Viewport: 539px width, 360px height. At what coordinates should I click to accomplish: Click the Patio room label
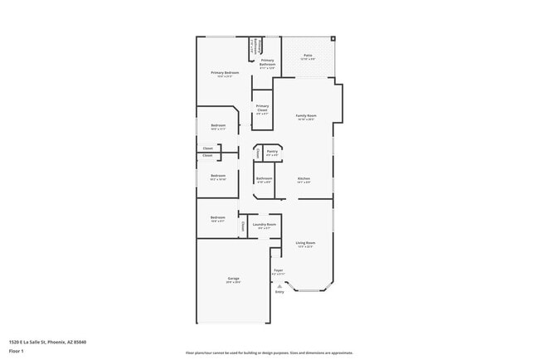pos(307,56)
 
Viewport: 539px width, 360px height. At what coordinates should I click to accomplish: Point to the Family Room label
pos(305,115)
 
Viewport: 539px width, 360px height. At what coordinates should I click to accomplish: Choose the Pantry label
pos(272,152)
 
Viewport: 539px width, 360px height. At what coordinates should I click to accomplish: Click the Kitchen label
pos(303,179)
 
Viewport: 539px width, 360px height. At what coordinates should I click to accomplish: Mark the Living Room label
pos(305,242)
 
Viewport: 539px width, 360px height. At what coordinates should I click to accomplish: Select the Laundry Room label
pos(265,224)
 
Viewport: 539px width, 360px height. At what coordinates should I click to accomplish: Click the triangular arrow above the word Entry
pos(279,285)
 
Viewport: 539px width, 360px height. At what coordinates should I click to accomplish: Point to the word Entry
pos(279,292)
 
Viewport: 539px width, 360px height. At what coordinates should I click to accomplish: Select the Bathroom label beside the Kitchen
pos(264,179)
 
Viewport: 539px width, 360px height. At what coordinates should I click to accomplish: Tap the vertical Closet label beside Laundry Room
pos(243,225)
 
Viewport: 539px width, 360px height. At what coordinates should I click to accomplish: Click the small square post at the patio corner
pos(333,38)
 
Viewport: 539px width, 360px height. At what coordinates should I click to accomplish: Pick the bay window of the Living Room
pos(310,289)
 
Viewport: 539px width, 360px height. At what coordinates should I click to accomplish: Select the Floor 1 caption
pos(17,351)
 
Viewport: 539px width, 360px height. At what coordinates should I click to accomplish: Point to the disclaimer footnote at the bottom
pos(269,353)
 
